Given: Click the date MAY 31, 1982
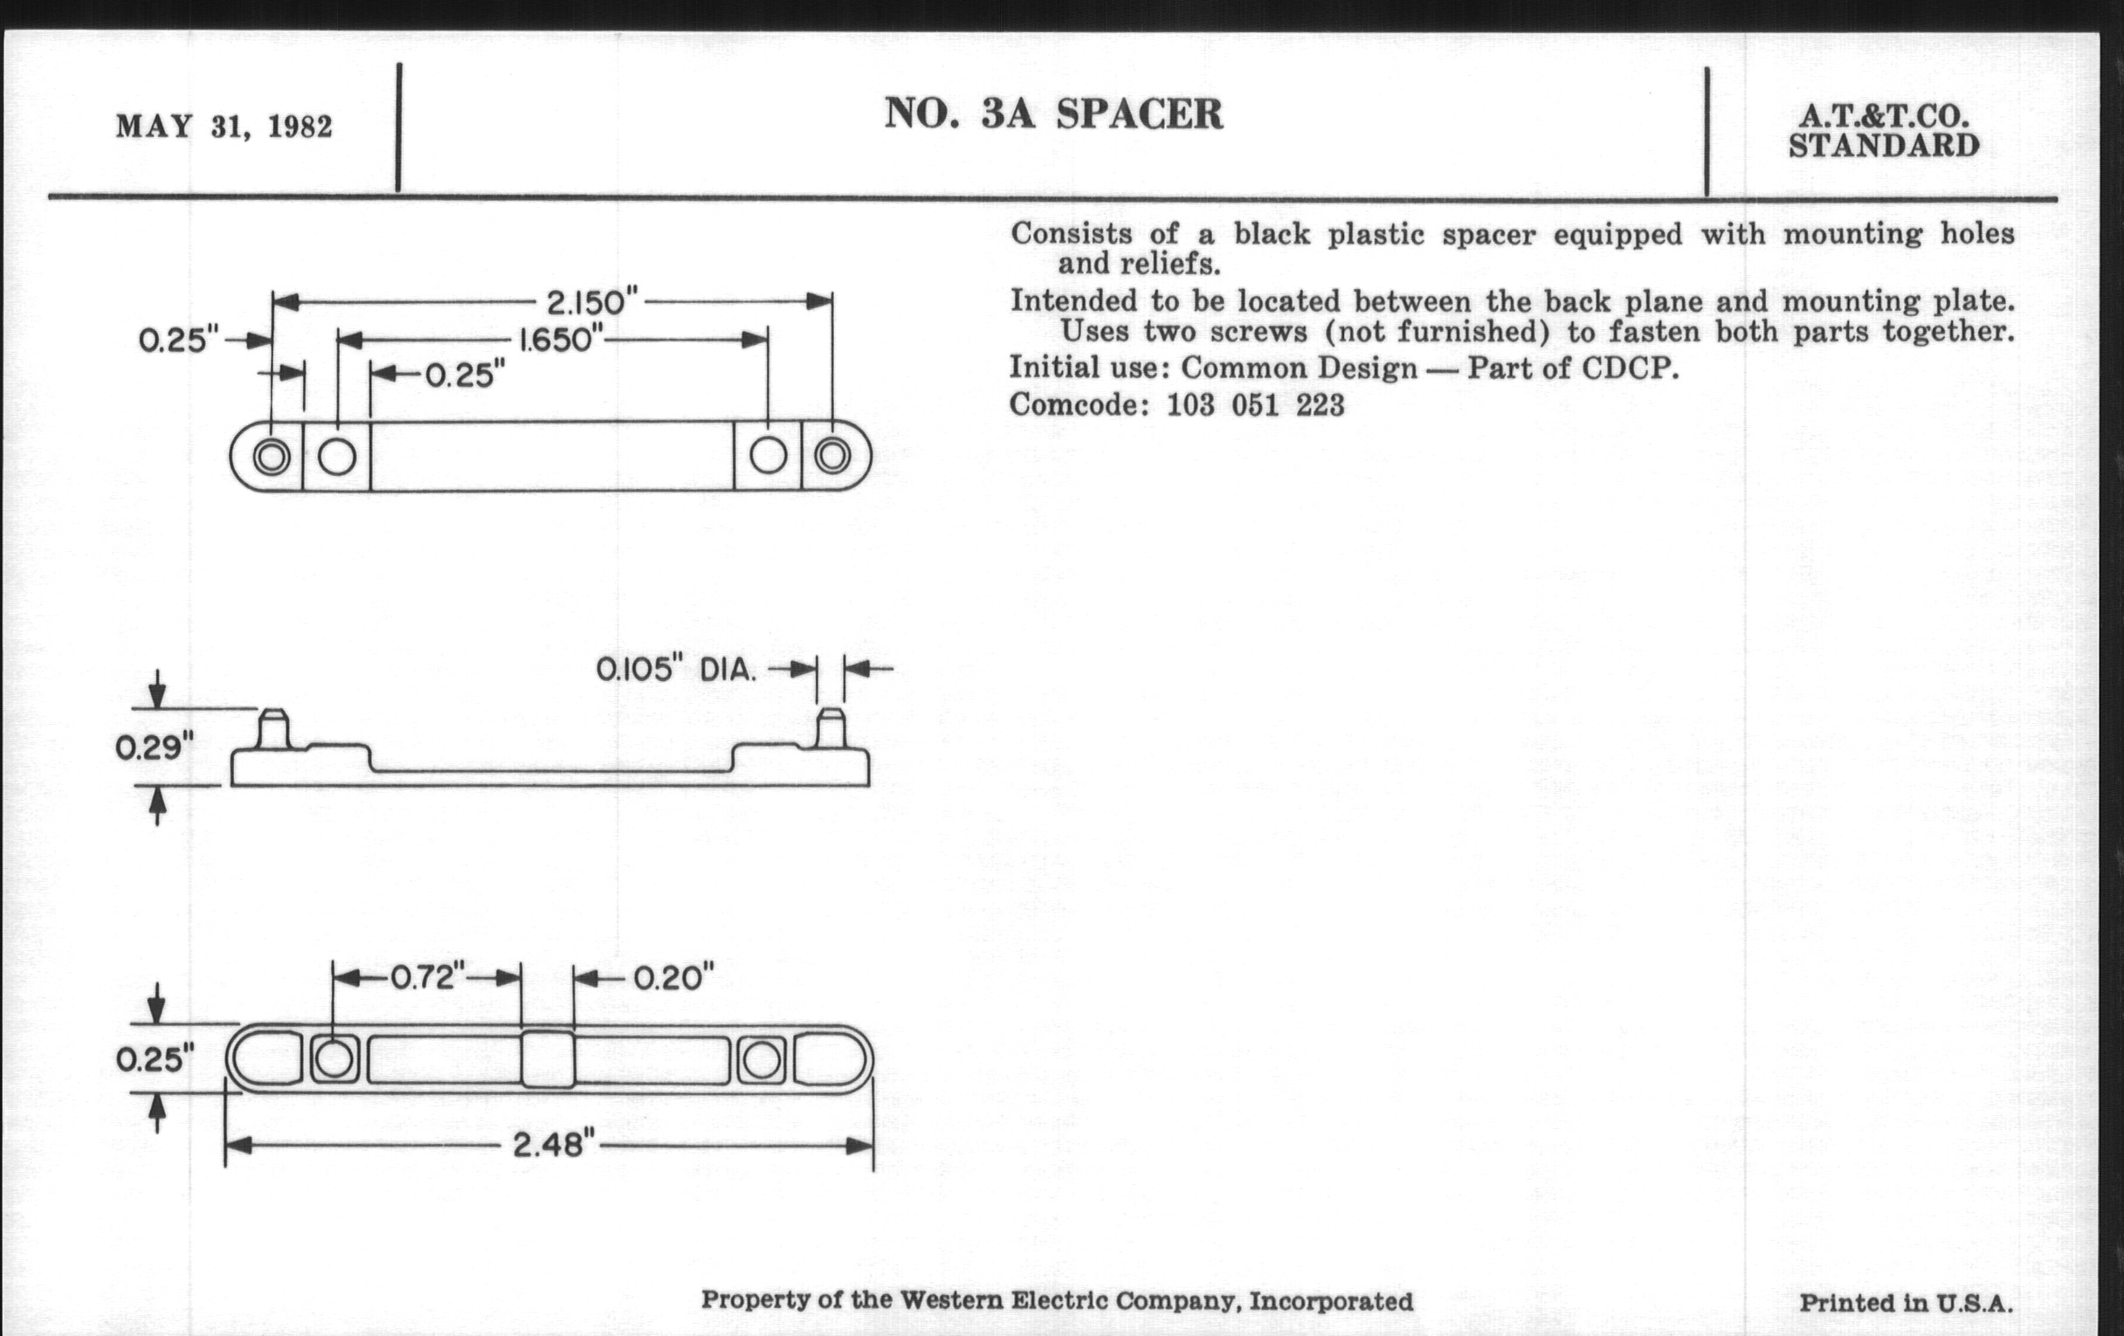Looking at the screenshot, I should (x=224, y=127).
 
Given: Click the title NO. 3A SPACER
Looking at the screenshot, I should (x=1053, y=114).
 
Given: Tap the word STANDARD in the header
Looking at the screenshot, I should (x=1884, y=147).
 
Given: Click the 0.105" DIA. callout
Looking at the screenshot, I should (x=676, y=671).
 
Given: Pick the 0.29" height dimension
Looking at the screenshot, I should (x=154, y=747).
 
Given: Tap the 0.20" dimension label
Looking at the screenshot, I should (x=673, y=978).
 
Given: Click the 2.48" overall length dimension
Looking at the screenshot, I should (x=548, y=1146).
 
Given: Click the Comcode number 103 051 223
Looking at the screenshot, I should (x=1255, y=406).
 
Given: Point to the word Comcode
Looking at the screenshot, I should (x=1079, y=406).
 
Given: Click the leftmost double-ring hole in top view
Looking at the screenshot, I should (x=271, y=457).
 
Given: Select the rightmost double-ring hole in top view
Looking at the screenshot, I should (x=831, y=456).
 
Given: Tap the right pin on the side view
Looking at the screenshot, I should (x=830, y=727).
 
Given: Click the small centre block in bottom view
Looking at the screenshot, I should (x=548, y=1059).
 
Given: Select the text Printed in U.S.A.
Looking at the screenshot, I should (x=1906, y=1303).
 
